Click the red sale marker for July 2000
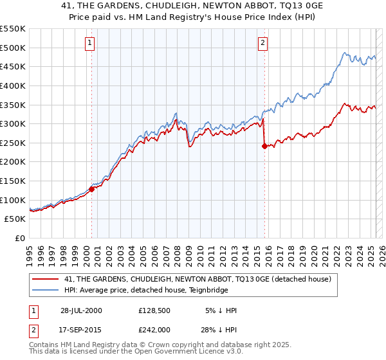tap(92, 189)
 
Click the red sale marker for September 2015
tap(264, 146)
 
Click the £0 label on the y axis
tap(19, 238)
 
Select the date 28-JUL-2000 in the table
tap(81, 310)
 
